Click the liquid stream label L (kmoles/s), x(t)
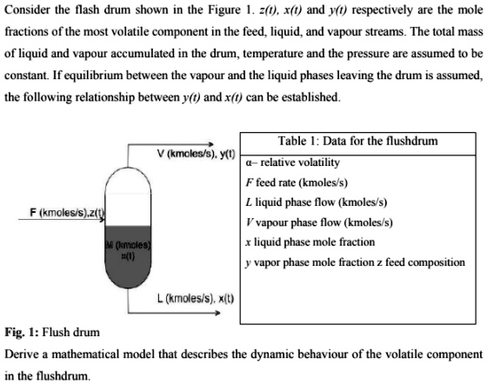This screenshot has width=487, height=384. click(186, 298)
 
